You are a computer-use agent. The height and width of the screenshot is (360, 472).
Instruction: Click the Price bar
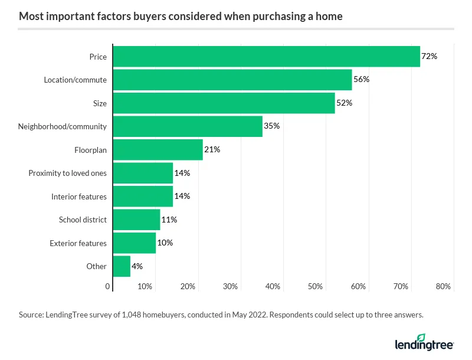[266, 57]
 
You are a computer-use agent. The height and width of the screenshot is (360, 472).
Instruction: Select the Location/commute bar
[232, 80]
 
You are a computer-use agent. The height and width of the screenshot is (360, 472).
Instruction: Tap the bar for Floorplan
[158, 150]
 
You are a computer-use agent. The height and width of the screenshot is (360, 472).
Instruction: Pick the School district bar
[136, 220]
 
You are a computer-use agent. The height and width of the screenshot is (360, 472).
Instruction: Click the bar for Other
[122, 266]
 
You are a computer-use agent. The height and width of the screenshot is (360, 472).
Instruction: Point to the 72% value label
[429, 57]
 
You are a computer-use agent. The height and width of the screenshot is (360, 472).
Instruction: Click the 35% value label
[271, 126]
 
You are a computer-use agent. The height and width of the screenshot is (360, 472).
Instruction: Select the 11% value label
[169, 220]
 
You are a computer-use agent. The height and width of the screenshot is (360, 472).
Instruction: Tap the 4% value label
[137, 266]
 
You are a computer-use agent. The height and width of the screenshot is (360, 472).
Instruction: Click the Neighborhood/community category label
[62, 126]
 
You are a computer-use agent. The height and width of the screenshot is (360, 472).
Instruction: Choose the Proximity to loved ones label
[67, 173]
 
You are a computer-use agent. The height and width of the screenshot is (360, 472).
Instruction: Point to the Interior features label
[79, 197]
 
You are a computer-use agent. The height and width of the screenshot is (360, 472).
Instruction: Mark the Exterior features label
[78, 243]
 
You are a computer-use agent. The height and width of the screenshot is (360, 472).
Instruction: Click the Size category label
[100, 103]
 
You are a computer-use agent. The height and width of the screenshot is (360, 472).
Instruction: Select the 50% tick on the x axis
[316, 286]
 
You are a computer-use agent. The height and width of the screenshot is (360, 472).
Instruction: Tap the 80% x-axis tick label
[443, 286]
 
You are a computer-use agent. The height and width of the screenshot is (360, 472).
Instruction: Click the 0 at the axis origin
[108, 286]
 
